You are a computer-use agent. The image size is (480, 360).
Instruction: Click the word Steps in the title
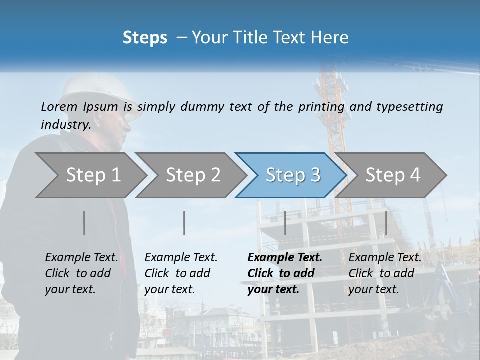145,38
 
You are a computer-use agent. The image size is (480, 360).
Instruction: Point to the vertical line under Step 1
84,223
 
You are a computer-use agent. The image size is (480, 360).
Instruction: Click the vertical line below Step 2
184,223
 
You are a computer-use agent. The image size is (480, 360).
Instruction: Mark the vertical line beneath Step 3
285,223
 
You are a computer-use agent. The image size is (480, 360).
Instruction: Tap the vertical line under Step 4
386,223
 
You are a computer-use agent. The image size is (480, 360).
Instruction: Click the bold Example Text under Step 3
285,273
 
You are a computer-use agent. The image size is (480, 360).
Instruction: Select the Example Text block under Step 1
81,273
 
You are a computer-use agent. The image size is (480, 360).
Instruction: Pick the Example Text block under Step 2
181,273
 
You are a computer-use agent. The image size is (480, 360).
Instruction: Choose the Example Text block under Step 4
385,273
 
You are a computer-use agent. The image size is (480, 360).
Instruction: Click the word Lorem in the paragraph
59,107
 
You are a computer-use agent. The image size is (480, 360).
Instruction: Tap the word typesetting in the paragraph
409,107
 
